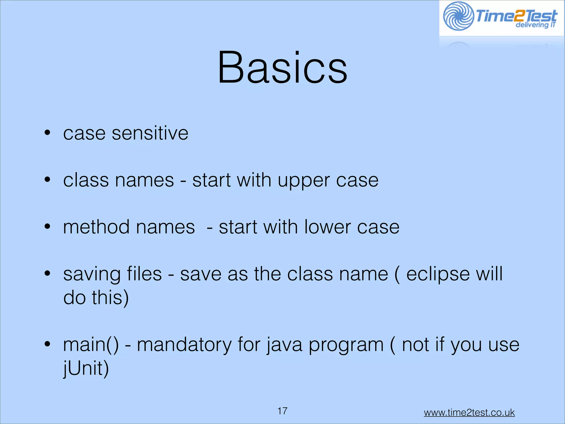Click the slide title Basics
pyautogui.click(x=282, y=68)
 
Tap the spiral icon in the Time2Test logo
pyautogui.click(x=458, y=16)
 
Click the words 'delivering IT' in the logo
pyautogui.click(x=535, y=25)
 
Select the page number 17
pyautogui.click(x=282, y=411)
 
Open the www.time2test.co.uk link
pyautogui.click(x=469, y=412)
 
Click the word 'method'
pyautogui.click(x=96, y=227)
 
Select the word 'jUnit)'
pyautogui.click(x=86, y=369)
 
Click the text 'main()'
pyautogui.click(x=91, y=345)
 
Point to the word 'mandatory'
pyautogui.click(x=184, y=345)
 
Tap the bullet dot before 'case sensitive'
pyautogui.click(x=47, y=133)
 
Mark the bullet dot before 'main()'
pyautogui.click(x=47, y=344)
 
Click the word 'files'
pyautogui.click(x=144, y=274)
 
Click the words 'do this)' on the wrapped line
pyautogui.click(x=96, y=298)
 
